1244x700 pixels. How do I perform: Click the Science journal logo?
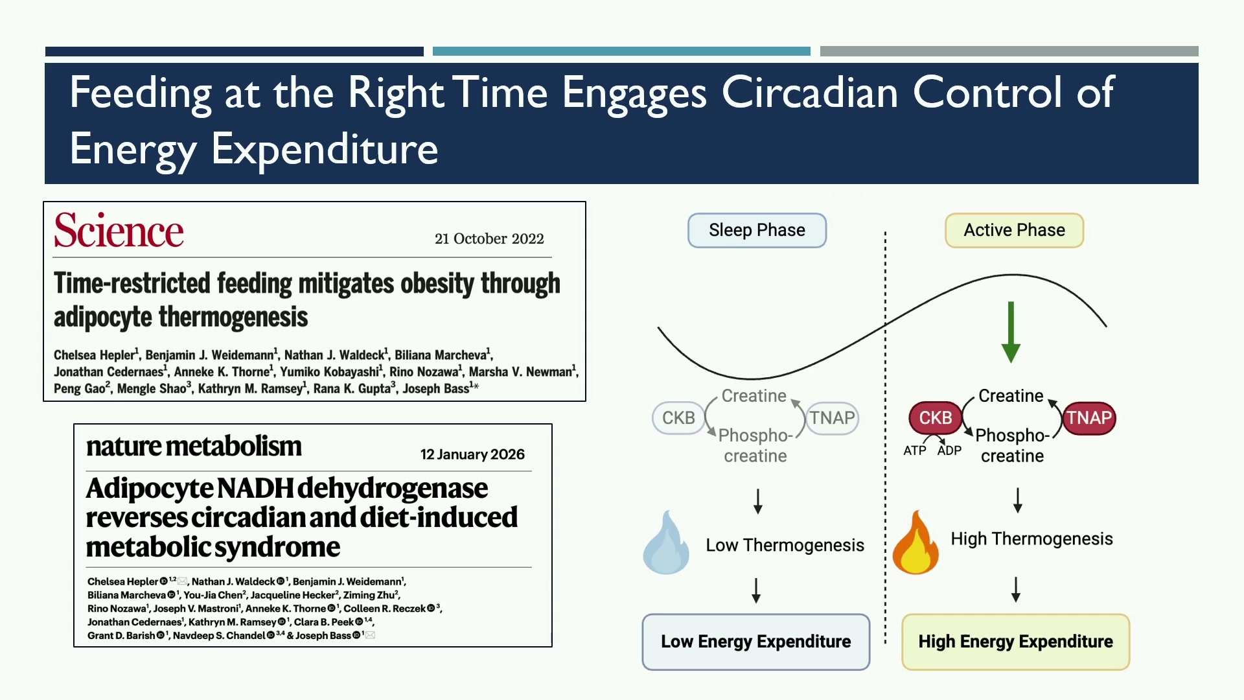tap(119, 231)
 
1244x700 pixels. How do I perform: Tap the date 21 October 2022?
tap(489, 239)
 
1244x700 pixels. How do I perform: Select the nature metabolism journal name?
tap(194, 446)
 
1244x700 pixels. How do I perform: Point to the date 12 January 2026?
tap(472, 454)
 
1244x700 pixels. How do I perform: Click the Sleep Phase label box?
tap(757, 230)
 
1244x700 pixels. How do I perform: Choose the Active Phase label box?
tap(1014, 230)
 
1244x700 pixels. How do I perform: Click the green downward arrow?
tap(1011, 332)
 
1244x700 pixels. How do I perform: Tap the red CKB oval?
tap(936, 418)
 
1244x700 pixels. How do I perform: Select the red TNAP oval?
tap(1089, 418)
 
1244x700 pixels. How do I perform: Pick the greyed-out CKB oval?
tap(678, 418)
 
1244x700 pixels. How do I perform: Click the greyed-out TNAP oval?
tap(833, 418)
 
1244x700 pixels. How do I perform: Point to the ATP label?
tap(915, 450)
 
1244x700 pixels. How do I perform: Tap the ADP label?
tap(949, 450)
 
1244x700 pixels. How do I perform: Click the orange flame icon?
tap(915, 543)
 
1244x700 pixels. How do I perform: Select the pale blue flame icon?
tap(665, 543)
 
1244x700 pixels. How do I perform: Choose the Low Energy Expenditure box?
tap(756, 642)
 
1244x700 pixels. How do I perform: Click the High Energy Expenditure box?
tap(1015, 642)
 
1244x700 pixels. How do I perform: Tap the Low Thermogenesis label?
tap(785, 545)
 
